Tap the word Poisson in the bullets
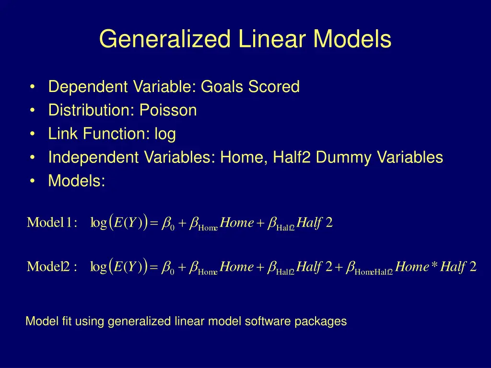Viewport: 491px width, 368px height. point(168,111)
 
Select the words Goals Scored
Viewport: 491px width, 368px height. point(250,87)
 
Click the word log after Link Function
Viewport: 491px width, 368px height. point(165,134)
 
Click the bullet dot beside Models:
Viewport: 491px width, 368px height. point(32,181)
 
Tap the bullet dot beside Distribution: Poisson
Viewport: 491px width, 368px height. point(32,111)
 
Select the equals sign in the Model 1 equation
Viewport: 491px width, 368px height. point(154,224)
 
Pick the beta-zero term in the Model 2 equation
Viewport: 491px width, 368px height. point(168,267)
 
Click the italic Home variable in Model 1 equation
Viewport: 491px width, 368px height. point(237,223)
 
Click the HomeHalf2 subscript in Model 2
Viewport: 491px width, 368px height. point(374,273)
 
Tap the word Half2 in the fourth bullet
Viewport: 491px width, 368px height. point(289,158)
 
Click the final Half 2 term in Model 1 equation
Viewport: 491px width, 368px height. point(315,223)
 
